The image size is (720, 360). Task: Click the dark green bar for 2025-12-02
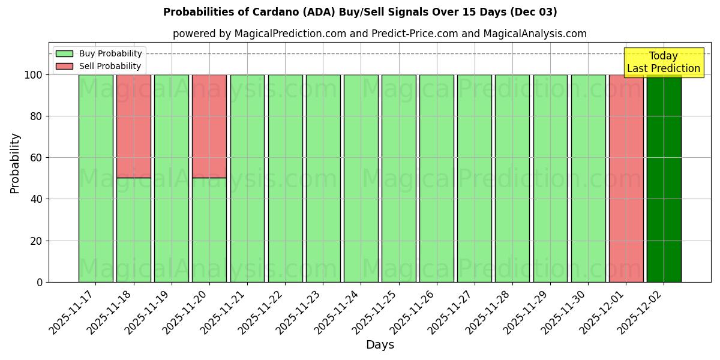click(664, 178)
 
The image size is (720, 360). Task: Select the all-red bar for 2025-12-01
click(626, 178)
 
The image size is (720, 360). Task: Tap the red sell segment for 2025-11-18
click(134, 126)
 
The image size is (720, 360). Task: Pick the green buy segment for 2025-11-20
click(209, 230)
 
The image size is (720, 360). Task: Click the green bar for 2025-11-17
click(95, 178)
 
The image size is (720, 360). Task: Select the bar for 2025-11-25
click(398, 178)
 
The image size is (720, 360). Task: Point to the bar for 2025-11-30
click(588, 178)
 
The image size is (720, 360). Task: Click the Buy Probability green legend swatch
click(64, 54)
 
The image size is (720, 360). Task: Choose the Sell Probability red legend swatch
click(64, 67)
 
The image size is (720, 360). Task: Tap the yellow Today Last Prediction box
click(663, 62)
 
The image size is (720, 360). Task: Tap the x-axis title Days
click(380, 345)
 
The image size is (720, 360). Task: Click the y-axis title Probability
click(15, 163)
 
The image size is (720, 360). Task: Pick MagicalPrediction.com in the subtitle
click(288, 34)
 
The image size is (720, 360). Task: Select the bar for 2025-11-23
click(323, 178)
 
